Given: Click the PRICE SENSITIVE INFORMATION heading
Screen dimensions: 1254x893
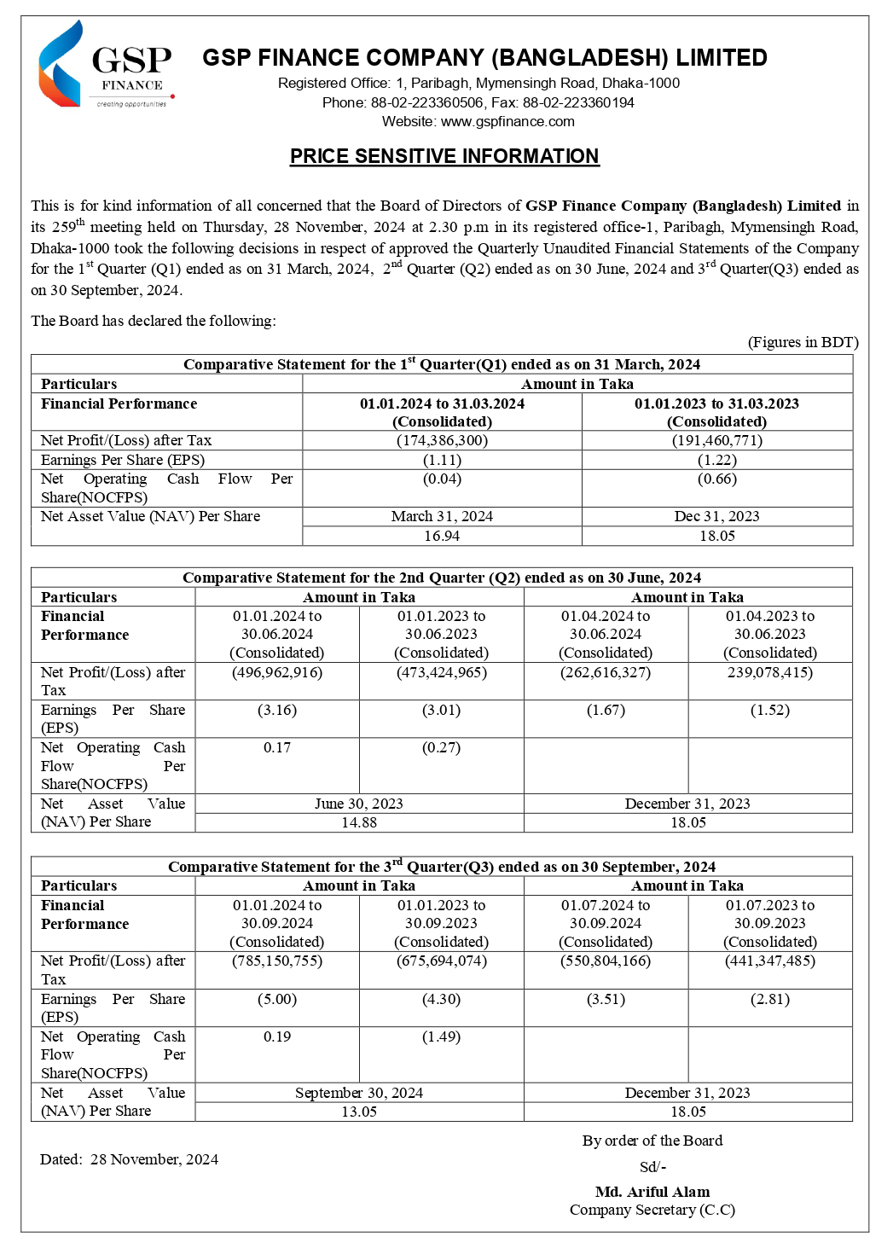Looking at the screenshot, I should click(x=444, y=156).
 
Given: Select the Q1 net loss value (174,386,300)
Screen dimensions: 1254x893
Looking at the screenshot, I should click(x=442, y=440).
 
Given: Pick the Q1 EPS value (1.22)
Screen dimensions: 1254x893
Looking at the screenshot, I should click(x=716, y=459).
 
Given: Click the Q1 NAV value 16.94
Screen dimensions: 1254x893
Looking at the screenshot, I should click(x=442, y=536).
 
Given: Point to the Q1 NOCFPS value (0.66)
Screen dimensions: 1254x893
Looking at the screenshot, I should click(x=716, y=479).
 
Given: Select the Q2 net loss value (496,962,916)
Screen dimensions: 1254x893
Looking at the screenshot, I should click(x=277, y=672).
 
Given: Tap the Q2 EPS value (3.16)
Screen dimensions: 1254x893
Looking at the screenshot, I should click(x=277, y=710).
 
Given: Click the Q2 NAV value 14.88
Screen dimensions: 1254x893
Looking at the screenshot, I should click(x=358, y=822).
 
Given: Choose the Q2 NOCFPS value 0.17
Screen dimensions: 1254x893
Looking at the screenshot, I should click(x=277, y=747).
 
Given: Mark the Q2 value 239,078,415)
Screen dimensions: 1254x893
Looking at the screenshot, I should click(x=770, y=672).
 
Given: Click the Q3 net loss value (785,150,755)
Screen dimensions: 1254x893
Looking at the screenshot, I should click(x=277, y=961).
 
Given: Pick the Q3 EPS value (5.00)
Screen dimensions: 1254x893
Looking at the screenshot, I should click(x=277, y=999).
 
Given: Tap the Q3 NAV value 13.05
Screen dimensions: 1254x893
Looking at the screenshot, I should click(x=358, y=1112).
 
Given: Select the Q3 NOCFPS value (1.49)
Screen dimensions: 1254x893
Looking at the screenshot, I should click(x=441, y=1036).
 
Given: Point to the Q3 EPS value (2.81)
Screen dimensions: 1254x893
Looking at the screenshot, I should click(x=770, y=999).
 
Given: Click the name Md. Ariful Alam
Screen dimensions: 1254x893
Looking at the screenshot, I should click(x=652, y=1192).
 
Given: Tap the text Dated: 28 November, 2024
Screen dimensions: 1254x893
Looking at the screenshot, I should click(x=129, y=1159).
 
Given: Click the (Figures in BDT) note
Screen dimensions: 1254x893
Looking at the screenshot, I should click(x=803, y=342).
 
